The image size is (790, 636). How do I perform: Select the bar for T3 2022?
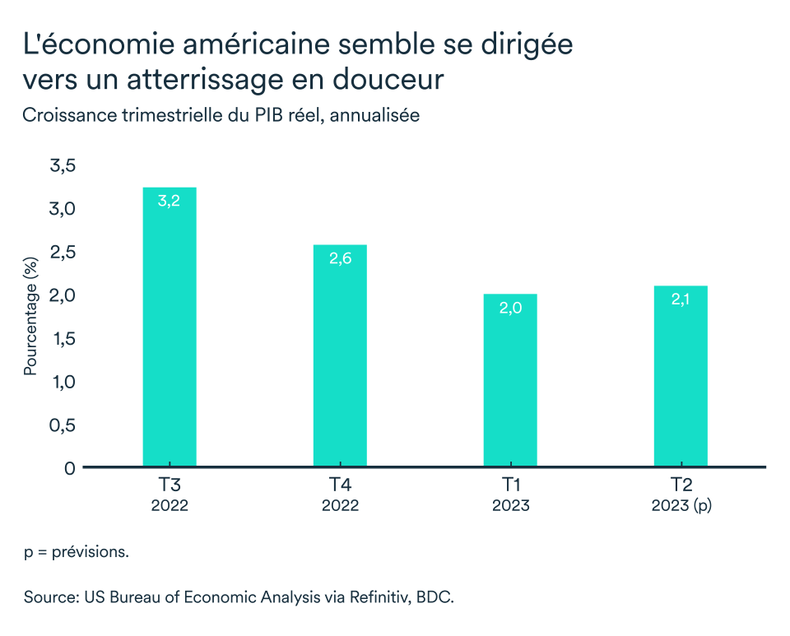[x=170, y=329]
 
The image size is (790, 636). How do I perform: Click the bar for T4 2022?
[x=340, y=358]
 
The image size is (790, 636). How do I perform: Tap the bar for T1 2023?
[x=510, y=383]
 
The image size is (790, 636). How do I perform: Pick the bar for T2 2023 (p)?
[x=681, y=378]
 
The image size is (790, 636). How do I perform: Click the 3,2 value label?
[x=170, y=201]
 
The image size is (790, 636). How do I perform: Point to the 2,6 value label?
[x=340, y=258]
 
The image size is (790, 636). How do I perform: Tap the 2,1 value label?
[x=681, y=299]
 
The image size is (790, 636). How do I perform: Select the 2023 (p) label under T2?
[x=681, y=505]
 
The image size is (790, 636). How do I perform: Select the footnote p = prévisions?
[x=76, y=552]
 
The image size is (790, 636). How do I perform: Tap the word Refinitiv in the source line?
[x=360, y=597]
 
